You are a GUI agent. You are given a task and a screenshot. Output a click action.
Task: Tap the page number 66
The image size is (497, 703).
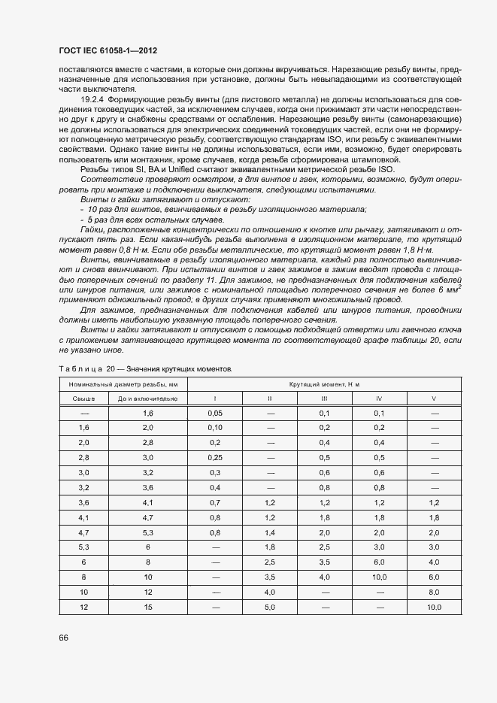click(x=63, y=638)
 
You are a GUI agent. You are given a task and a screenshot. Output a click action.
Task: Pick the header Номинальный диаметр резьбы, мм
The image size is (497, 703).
click(x=123, y=383)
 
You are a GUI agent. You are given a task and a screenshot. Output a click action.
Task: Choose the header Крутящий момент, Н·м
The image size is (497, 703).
click(x=324, y=383)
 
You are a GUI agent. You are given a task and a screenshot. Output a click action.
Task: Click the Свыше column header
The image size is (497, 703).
click(x=84, y=398)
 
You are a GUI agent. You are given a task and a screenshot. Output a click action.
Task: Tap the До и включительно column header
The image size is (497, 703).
click(x=147, y=398)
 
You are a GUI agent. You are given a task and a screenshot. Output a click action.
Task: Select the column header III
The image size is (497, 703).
click(x=324, y=398)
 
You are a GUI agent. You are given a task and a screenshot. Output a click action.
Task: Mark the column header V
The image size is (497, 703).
click(x=434, y=398)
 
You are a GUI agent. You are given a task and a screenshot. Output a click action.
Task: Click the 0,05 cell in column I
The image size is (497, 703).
click(x=215, y=414)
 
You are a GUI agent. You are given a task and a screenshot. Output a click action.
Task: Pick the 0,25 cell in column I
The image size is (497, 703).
click(x=215, y=457)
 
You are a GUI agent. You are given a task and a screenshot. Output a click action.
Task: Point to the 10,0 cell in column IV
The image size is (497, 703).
click(x=379, y=577)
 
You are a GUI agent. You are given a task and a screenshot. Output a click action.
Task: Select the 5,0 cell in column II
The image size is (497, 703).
click(x=270, y=608)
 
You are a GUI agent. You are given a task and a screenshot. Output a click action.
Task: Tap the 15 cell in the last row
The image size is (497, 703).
click(x=147, y=608)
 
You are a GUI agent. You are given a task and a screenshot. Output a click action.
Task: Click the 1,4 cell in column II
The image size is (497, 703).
click(x=270, y=532)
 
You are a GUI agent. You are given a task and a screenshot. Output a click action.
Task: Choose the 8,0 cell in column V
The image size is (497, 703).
click(x=434, y=592)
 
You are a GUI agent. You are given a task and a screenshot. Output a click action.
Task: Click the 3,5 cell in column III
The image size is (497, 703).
click(x=324, y=562)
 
